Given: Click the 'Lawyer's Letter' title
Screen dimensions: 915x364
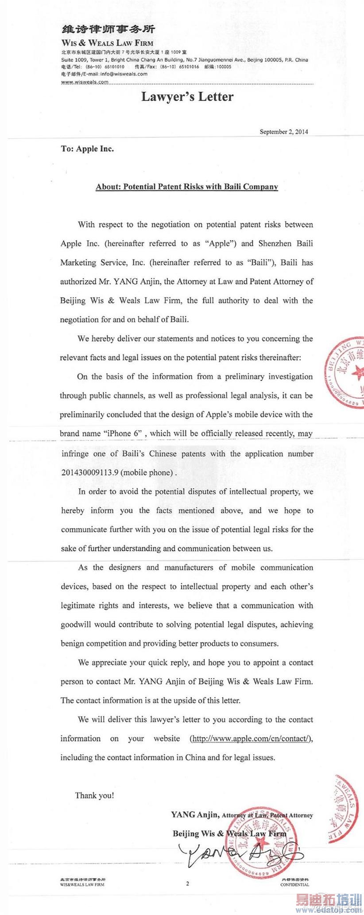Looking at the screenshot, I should click(x=187, y=97).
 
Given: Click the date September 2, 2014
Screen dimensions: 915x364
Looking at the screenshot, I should click(x=284, y=132).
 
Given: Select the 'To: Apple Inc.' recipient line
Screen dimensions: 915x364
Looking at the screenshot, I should click(x=87, y=149).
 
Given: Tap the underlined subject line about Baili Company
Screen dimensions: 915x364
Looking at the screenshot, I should click(x=187, y=187).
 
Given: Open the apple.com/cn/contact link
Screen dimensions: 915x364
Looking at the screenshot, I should click(x=251, y=738).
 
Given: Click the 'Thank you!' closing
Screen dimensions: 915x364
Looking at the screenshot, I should click(x=94, y=795).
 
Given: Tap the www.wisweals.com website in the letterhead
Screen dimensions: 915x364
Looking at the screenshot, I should click(x=85, y=82).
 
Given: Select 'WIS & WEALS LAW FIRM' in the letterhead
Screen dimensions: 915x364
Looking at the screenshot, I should click(x=107, y=43).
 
